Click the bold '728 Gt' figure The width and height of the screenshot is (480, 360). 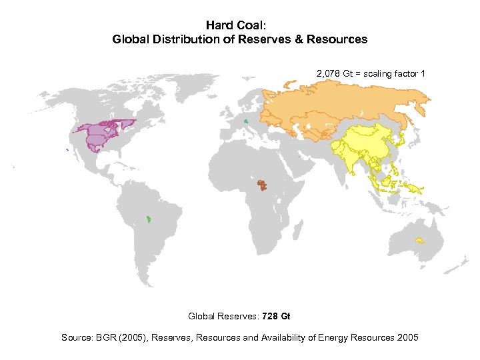coord(276,316)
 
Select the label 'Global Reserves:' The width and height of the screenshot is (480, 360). coord(224,316)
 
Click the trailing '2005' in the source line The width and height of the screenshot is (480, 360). coord(407,337)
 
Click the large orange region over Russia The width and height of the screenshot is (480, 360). coord(333,107)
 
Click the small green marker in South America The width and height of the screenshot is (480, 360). coord(149,218)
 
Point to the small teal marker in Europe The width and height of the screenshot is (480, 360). coord(246,121)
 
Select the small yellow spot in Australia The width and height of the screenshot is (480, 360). coord(419,240)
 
